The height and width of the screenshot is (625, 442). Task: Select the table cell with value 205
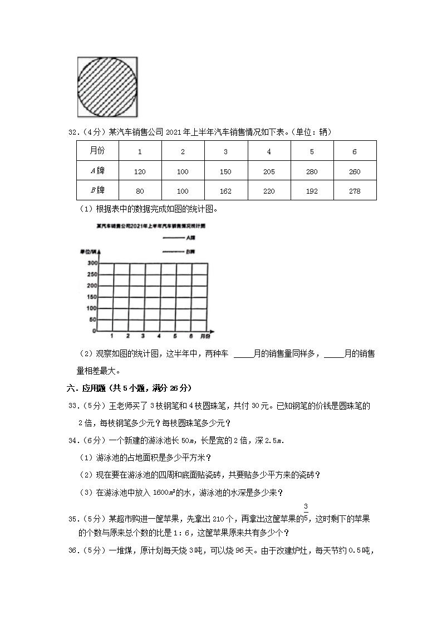[269, 172]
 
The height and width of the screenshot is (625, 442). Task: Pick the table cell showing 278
[355, 191]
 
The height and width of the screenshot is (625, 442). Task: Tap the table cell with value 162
[225, 191]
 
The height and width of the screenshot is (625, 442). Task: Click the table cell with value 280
[312, 172]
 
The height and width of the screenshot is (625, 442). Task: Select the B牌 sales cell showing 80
[140, 191]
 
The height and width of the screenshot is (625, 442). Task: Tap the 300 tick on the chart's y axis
[92, 263]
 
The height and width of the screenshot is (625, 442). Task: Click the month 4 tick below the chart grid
[159, 336]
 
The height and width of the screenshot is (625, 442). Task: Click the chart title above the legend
[151, 227]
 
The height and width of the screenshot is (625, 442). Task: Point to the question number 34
[73, 441]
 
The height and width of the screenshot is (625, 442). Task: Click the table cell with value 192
[312, 191]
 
